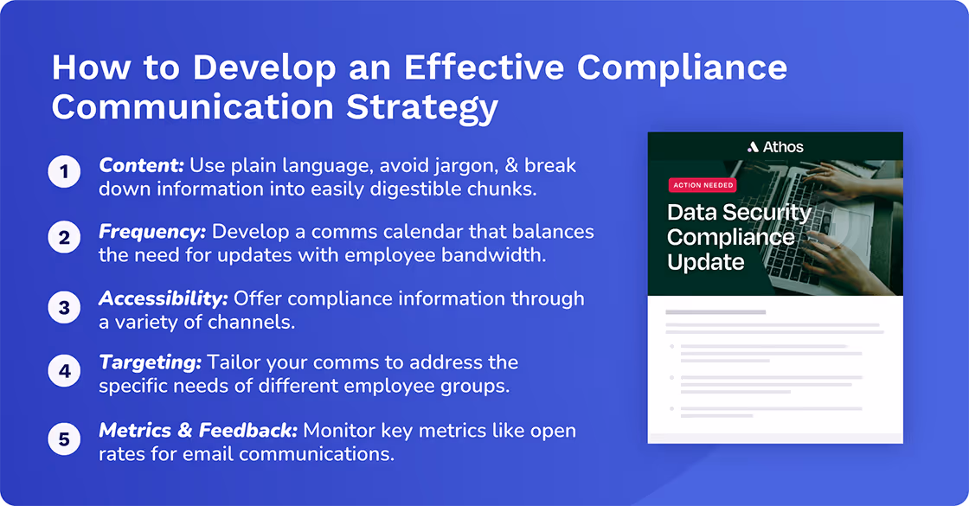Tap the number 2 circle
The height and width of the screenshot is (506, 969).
[64, 239]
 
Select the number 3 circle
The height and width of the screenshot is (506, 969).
[64, 307]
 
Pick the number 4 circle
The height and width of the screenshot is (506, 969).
[64, 373]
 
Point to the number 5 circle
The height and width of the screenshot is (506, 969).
[64, 439]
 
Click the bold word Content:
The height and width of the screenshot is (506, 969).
[141, 165]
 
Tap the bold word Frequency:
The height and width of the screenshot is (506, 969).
[152, 232]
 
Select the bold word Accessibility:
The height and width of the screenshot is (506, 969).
[163, 298]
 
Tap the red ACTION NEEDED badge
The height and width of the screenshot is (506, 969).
[703, 185]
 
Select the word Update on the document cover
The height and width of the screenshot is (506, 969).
[706, 261]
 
